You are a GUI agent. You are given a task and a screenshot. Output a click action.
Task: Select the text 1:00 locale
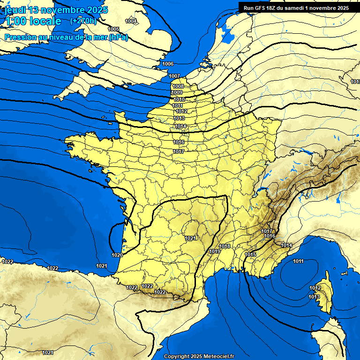(x=33, y=21)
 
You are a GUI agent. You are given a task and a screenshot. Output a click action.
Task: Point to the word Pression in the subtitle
(x=20, y=37)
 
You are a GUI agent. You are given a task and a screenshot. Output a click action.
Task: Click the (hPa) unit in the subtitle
(x=118, y=37)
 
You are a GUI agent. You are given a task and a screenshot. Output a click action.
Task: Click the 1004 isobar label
(x=131, y=21)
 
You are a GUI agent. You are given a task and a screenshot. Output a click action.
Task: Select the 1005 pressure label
(x=113, y=29)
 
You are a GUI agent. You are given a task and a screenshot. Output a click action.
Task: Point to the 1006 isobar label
(x=168, y=64)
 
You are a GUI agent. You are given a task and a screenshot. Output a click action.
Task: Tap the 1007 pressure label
(x=174, y=76)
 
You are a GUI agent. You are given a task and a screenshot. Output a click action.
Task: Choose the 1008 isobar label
(x=178, y=86)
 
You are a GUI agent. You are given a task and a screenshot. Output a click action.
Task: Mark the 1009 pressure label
(x=177, y=93)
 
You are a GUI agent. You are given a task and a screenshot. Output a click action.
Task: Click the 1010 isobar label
(x=179, y=99)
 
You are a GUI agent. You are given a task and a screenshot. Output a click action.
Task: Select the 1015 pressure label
(x=250, y=254)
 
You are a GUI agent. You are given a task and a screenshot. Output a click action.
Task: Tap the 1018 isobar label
(x=225, y=246)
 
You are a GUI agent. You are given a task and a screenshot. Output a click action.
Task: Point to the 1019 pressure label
(x=215, y=251)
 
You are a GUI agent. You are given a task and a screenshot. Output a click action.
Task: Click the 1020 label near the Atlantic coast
(x=117, y=255)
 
